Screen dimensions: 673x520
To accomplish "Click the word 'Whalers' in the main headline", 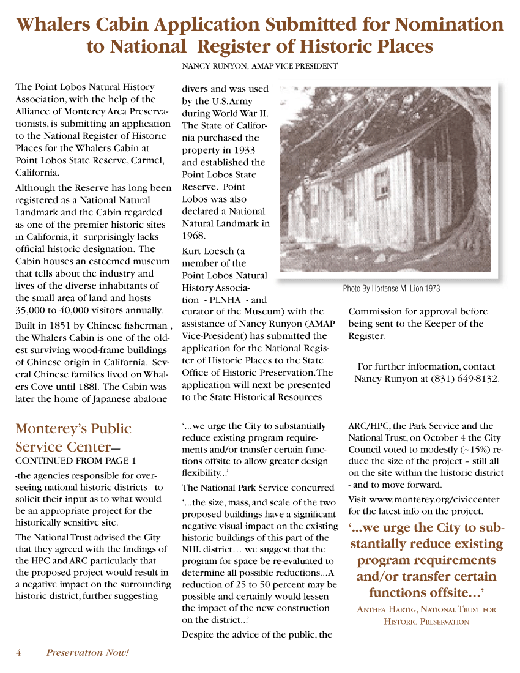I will click(x=55, y=24).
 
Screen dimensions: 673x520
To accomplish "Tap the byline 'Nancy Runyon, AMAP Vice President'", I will click(x=260, y=65).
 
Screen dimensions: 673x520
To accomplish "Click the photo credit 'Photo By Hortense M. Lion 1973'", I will click(x=391, y=288).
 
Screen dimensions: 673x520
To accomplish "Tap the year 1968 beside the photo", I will click(x=193, y=236).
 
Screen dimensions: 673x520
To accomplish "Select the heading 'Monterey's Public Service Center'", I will click(x=73, y=437).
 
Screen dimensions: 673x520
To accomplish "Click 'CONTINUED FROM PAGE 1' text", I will click(x=76, y=461).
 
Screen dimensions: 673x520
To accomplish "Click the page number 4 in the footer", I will click(x=18, y=652).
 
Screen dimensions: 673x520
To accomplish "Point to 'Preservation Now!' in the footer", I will click(x=87, y=652).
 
